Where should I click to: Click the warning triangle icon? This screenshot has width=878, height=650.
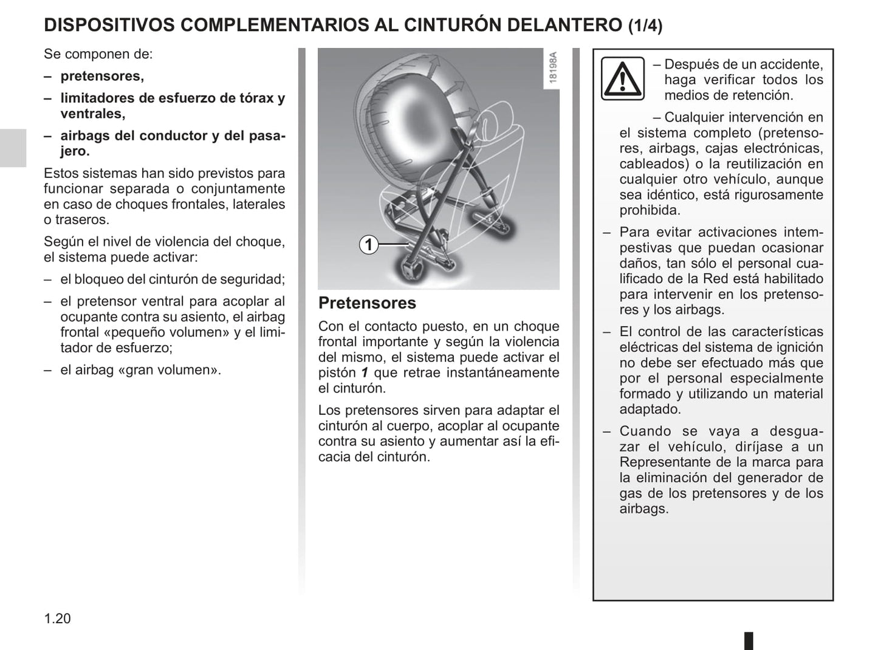[622, 79]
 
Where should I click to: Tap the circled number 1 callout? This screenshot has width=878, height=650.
[368, 245]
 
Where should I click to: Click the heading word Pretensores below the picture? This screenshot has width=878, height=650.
[367, 303]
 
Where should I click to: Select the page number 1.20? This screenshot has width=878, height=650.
[57, 618]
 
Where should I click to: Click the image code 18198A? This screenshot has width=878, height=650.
[552, 68]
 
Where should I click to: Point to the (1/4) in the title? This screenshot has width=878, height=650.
[645, 26]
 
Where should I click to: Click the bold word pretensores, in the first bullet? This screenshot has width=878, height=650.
[102, 76]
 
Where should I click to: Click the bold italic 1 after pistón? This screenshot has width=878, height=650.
[365, 373]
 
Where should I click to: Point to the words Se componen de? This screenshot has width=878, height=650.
[98, 54]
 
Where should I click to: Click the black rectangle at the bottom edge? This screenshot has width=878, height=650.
[749, 641]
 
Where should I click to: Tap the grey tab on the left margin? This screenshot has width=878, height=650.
[13, 148]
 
